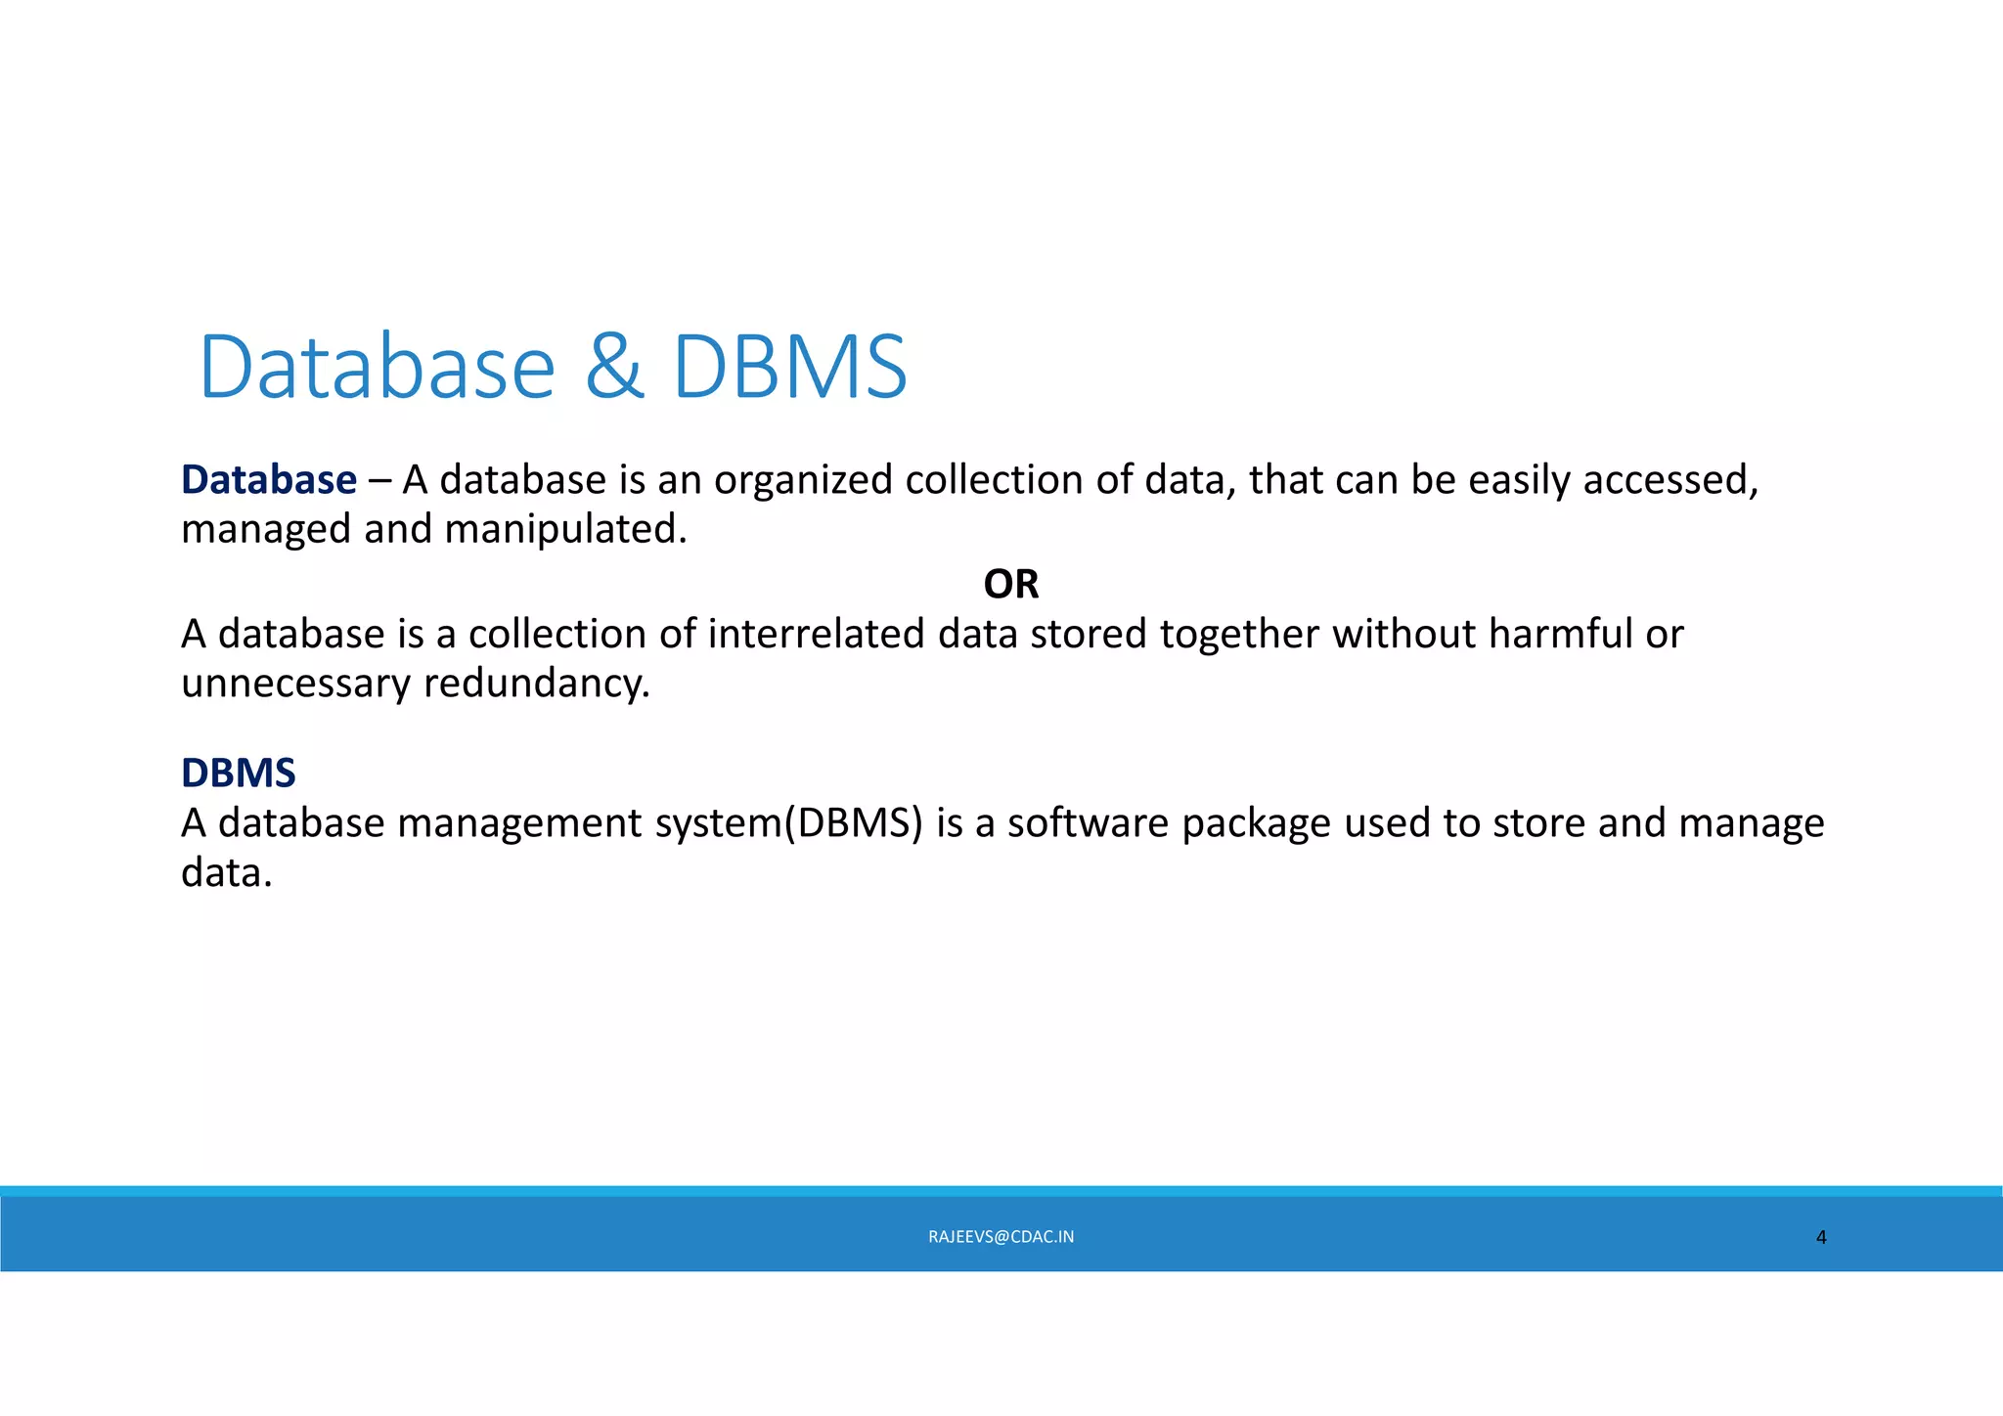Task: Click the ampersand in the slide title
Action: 614,367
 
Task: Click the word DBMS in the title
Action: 790,367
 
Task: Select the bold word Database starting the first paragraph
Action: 269,480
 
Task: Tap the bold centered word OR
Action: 1010,584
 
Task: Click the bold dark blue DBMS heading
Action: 238,773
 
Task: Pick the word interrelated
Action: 816,634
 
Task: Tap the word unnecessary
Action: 295,683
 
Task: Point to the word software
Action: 1088,823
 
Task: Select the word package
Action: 1256,823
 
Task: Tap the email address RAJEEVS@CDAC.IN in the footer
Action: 1001,1237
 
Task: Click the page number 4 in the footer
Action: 1820,1238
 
